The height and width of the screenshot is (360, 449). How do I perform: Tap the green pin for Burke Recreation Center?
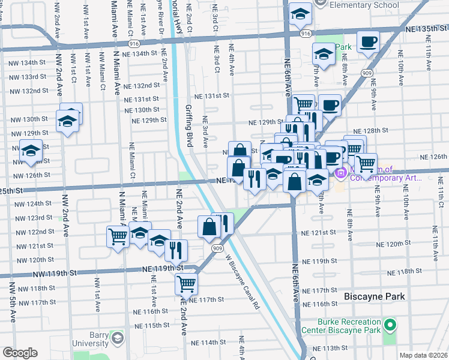tap(391, 326)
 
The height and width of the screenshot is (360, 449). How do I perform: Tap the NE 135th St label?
tap(426, 28)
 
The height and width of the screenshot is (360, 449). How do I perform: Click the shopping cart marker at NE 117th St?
tap(187, 283)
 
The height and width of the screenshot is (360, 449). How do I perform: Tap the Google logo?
tap(20, 353)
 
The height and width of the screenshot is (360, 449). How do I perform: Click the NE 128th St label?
tap(370, 130)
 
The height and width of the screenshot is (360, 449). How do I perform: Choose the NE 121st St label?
tap(336, 233)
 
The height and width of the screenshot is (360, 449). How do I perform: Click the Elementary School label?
tap(364, 5)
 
